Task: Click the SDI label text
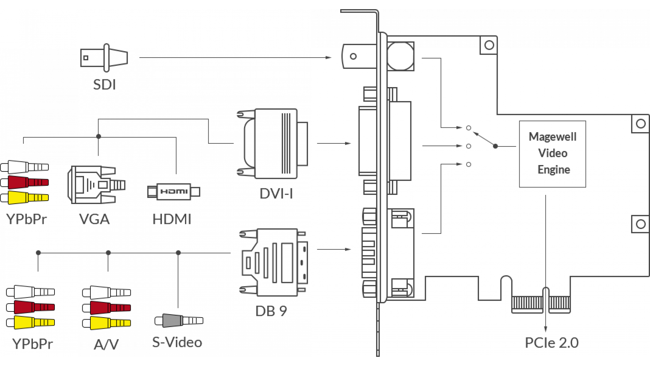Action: coord(104,84)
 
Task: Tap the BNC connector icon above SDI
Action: coord(104,58)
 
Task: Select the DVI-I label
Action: coord(276,194)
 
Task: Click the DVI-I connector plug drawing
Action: coord(273,144)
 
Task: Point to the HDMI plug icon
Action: coord(174,192)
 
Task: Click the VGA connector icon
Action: coord(96,185)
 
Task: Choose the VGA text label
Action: coord(94,219)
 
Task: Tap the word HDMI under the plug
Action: coord(172,219)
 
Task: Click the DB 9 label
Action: coord(271,311)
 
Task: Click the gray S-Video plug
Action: coord(179,321)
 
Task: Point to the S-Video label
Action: coord(177,342)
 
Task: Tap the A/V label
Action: coord(106,345)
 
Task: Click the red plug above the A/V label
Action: coord(106,308)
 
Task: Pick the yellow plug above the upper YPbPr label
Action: coord(24,198)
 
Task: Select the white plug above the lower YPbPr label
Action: coord(30,292)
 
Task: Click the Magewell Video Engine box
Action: coord(552,154)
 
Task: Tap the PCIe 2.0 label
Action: coord(552,343)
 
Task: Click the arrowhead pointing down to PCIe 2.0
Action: coord(545,329)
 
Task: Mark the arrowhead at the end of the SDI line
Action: coord(329,58)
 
